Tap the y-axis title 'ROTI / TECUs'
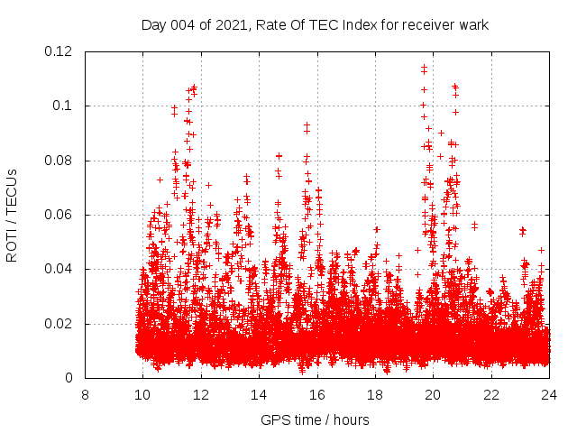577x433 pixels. click(13, 215)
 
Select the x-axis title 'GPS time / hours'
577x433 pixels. click(315, 419)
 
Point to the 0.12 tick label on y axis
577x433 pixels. click(60, 51)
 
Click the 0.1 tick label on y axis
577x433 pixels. click(65, 106)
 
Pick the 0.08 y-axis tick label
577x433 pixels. click(60, 161)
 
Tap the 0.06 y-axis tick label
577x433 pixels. click(60, 215)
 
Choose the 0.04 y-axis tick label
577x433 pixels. click(60, 269)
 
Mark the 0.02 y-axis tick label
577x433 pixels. click(60, 324)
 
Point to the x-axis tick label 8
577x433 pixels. click(85, 394)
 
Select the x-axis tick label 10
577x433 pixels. click(142, 394)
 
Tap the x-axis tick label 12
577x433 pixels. click(201, 394)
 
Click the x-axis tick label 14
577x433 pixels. click(259, 394)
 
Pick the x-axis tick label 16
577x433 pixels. click(317, 394)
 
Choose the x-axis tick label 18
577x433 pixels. click(375, 394)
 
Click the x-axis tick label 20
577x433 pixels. click(433, 394)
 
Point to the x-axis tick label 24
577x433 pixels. click(549, 394)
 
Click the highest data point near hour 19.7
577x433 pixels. click(424, 67)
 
